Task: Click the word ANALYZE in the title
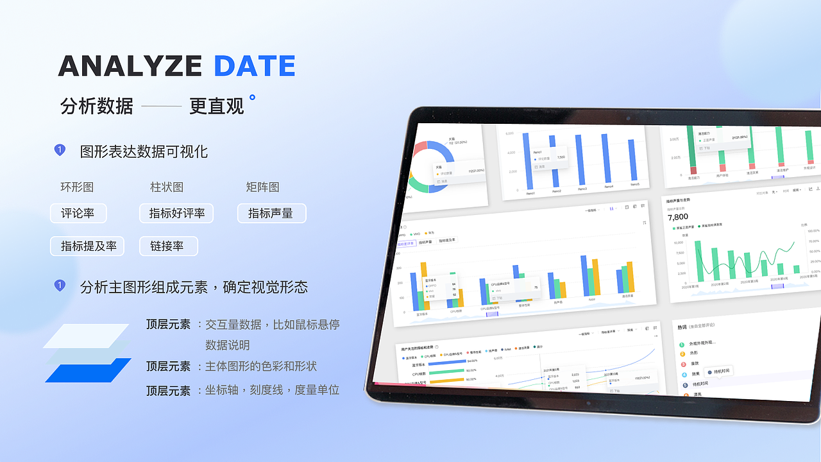click(x=130, y=66)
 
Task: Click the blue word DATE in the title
click(x=255, y=66)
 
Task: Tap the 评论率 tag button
click(x=78, y=213)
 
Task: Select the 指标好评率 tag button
click(x=176, y=213)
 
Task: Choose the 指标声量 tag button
click(x=271, y=213)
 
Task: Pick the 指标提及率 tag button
click(x=87, y=246)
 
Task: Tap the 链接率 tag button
click(x=168, y=246)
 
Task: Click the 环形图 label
click(x=77, y=187)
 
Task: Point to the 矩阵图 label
click(x=262, y=187)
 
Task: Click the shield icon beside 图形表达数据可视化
click(x=60, y=150)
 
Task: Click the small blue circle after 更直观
click(x=252, y=98)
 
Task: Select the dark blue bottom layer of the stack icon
click(x=88, y=370)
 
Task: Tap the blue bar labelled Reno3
click(x=580, y=160)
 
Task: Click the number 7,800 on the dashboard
click(x=679, y=218)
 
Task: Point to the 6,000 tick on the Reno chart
click(x=511, y=133)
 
